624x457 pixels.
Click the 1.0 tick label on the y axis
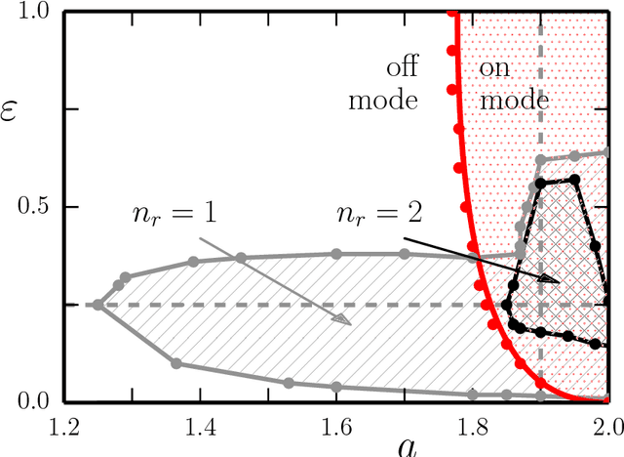pyautogui.click(x=31, y=13)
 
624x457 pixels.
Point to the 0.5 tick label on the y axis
pyautogui.click(x=31, y=207)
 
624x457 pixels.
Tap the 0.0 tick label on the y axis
pyautogui.click(x=31, y=401)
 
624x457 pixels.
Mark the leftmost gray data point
pyautogui.click(x=97, y=305)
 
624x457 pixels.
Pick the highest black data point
pyautogui.click(x=573, y=179)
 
